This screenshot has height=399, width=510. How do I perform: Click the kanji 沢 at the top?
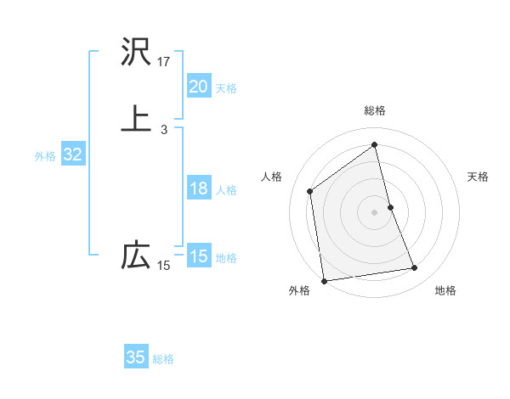(x=136, y=53)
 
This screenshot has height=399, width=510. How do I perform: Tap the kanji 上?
(x=136, y=118)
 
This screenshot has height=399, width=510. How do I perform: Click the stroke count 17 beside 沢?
(x=164, y=62)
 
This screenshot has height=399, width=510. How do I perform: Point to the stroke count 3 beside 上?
(x=164, y=130)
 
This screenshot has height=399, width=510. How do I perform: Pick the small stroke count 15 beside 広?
(x=164, y=266)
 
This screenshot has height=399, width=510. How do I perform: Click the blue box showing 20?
(x=199, y=87)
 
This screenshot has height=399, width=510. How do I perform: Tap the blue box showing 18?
(x=199, y=188)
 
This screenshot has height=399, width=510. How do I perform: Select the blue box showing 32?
(x=72, y=155)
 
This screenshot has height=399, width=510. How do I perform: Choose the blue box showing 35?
(x=136, y=357)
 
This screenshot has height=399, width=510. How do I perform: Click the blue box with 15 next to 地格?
(x=199, y=256)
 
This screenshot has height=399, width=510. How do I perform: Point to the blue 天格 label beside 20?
(x=226, y=88)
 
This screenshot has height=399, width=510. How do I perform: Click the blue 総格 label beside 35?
(x=163, y=359)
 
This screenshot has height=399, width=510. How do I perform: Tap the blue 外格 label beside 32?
(x=45, y=156)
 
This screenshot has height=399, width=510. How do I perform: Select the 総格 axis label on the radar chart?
(x=375, y=110)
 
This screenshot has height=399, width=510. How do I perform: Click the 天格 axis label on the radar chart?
(x=478, y=177)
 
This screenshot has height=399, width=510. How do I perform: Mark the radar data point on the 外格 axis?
(x=323, y=280)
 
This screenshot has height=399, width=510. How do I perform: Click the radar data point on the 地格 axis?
(x=415, y=268)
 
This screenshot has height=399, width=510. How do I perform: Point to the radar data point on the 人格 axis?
(x=310, y=191)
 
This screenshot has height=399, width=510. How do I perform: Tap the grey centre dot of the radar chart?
(x=375, y=211)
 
